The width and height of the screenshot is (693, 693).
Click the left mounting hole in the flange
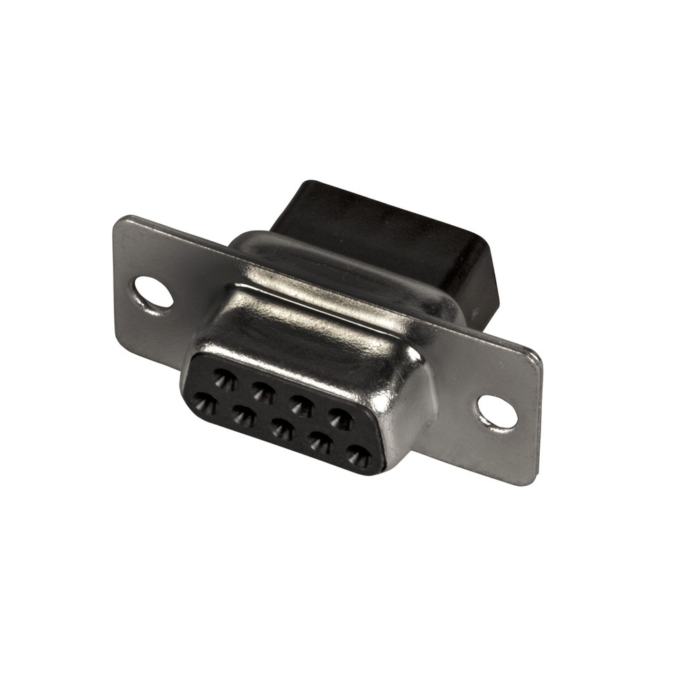[153, 292]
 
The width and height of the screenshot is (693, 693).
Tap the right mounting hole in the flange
[498, 412]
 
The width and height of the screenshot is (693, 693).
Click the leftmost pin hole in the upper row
[224, 378]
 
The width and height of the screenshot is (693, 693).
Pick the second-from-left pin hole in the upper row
[262, 392]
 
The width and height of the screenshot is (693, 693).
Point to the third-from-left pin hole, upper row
[301, 405]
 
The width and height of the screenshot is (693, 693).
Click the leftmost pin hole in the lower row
[205, 403]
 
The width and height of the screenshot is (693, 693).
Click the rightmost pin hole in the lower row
[359, 456]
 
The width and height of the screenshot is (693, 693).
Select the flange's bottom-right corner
[530, 482]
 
